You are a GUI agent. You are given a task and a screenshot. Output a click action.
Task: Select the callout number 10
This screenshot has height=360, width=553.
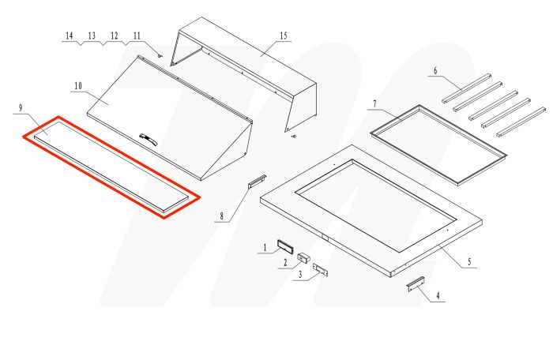click(77, 84)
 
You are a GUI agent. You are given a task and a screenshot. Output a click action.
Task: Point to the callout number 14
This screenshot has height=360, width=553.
click(70, 36)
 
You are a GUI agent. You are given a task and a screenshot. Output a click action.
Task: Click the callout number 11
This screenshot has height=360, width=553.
click(137, 36)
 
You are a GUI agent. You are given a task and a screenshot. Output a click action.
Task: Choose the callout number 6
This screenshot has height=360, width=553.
click(434, 71)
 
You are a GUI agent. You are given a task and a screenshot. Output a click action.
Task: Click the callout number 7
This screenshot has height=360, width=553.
click(375, 103)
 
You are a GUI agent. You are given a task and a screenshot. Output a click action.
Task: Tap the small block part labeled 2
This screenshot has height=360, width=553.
click(303, 257)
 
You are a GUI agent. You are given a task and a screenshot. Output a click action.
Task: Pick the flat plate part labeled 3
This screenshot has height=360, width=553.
click(321, 270)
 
